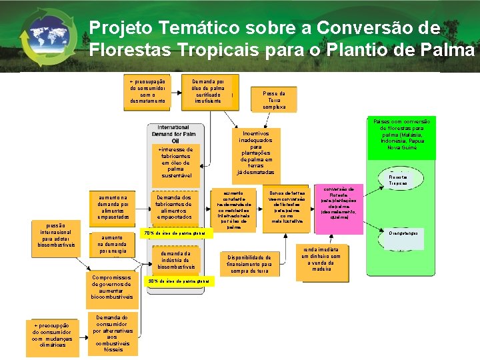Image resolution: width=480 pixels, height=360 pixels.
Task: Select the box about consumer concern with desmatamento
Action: pyautogui.click(x=147, y=91)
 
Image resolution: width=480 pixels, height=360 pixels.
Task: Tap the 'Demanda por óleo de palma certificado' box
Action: pyautogui.click(x=208, y=91)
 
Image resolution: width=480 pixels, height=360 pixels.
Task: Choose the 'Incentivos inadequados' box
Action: pyautogui.click(x=255, y=153)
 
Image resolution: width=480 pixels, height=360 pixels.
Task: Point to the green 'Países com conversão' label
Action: pyautogui.click(x=401, y=135)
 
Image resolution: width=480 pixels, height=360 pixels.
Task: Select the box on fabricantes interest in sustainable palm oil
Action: pyautogui.click(x=175, y=162)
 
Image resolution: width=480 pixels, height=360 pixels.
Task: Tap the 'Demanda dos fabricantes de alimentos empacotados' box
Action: pyautogui.click(x=175, y=207)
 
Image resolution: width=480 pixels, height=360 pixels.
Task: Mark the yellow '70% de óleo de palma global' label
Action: pyautogui.click(x=177, y=233)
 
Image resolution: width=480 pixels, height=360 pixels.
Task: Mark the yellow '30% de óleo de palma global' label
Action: pyautogui.click(x=181, y=281)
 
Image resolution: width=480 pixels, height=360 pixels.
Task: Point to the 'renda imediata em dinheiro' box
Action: pyautogui.click(x=321, y=259)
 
